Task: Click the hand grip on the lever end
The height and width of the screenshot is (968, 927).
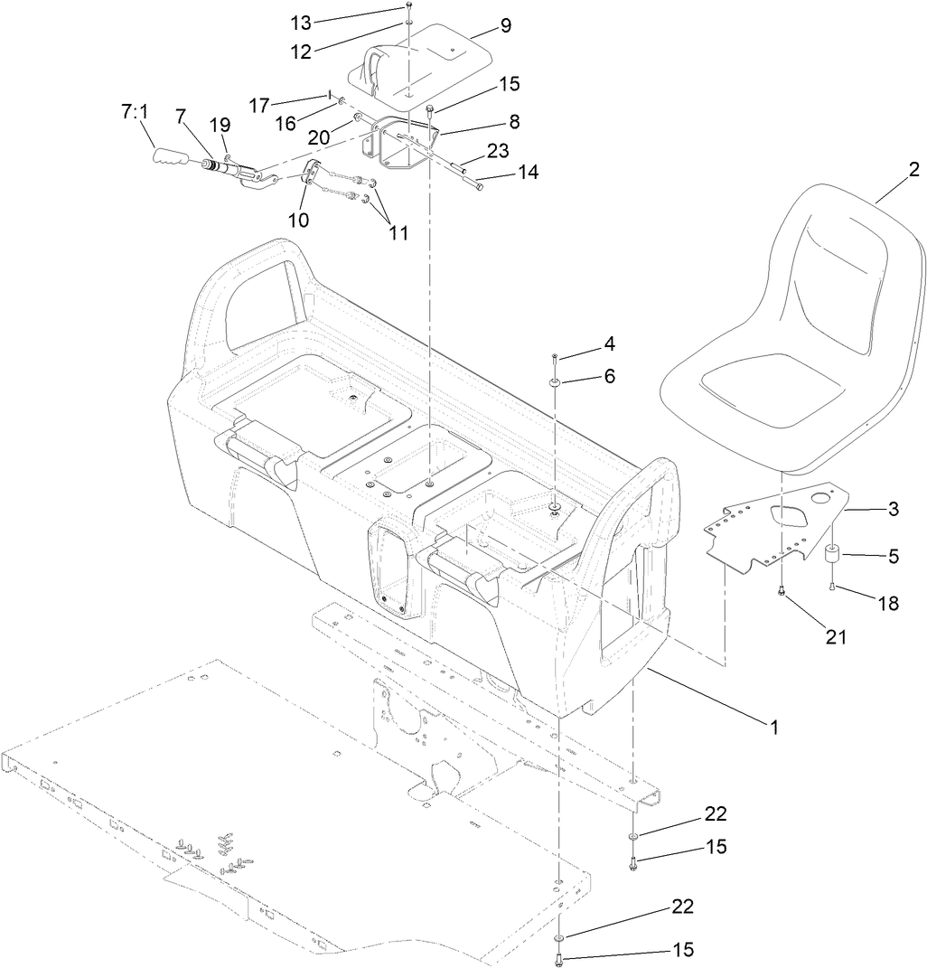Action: pos(172,159)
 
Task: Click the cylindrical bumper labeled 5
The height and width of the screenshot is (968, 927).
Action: pos(832,553)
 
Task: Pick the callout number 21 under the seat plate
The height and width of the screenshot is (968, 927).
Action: pos(836,637)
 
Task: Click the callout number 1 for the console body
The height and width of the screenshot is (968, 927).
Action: pos(773,725)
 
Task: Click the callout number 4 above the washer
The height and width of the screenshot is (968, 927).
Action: pos(610,343)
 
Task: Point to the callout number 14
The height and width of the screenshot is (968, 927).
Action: pos(528,172)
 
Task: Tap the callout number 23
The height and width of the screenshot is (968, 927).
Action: pos(498,150)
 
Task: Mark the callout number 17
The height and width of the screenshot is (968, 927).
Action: pos(259,105)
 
